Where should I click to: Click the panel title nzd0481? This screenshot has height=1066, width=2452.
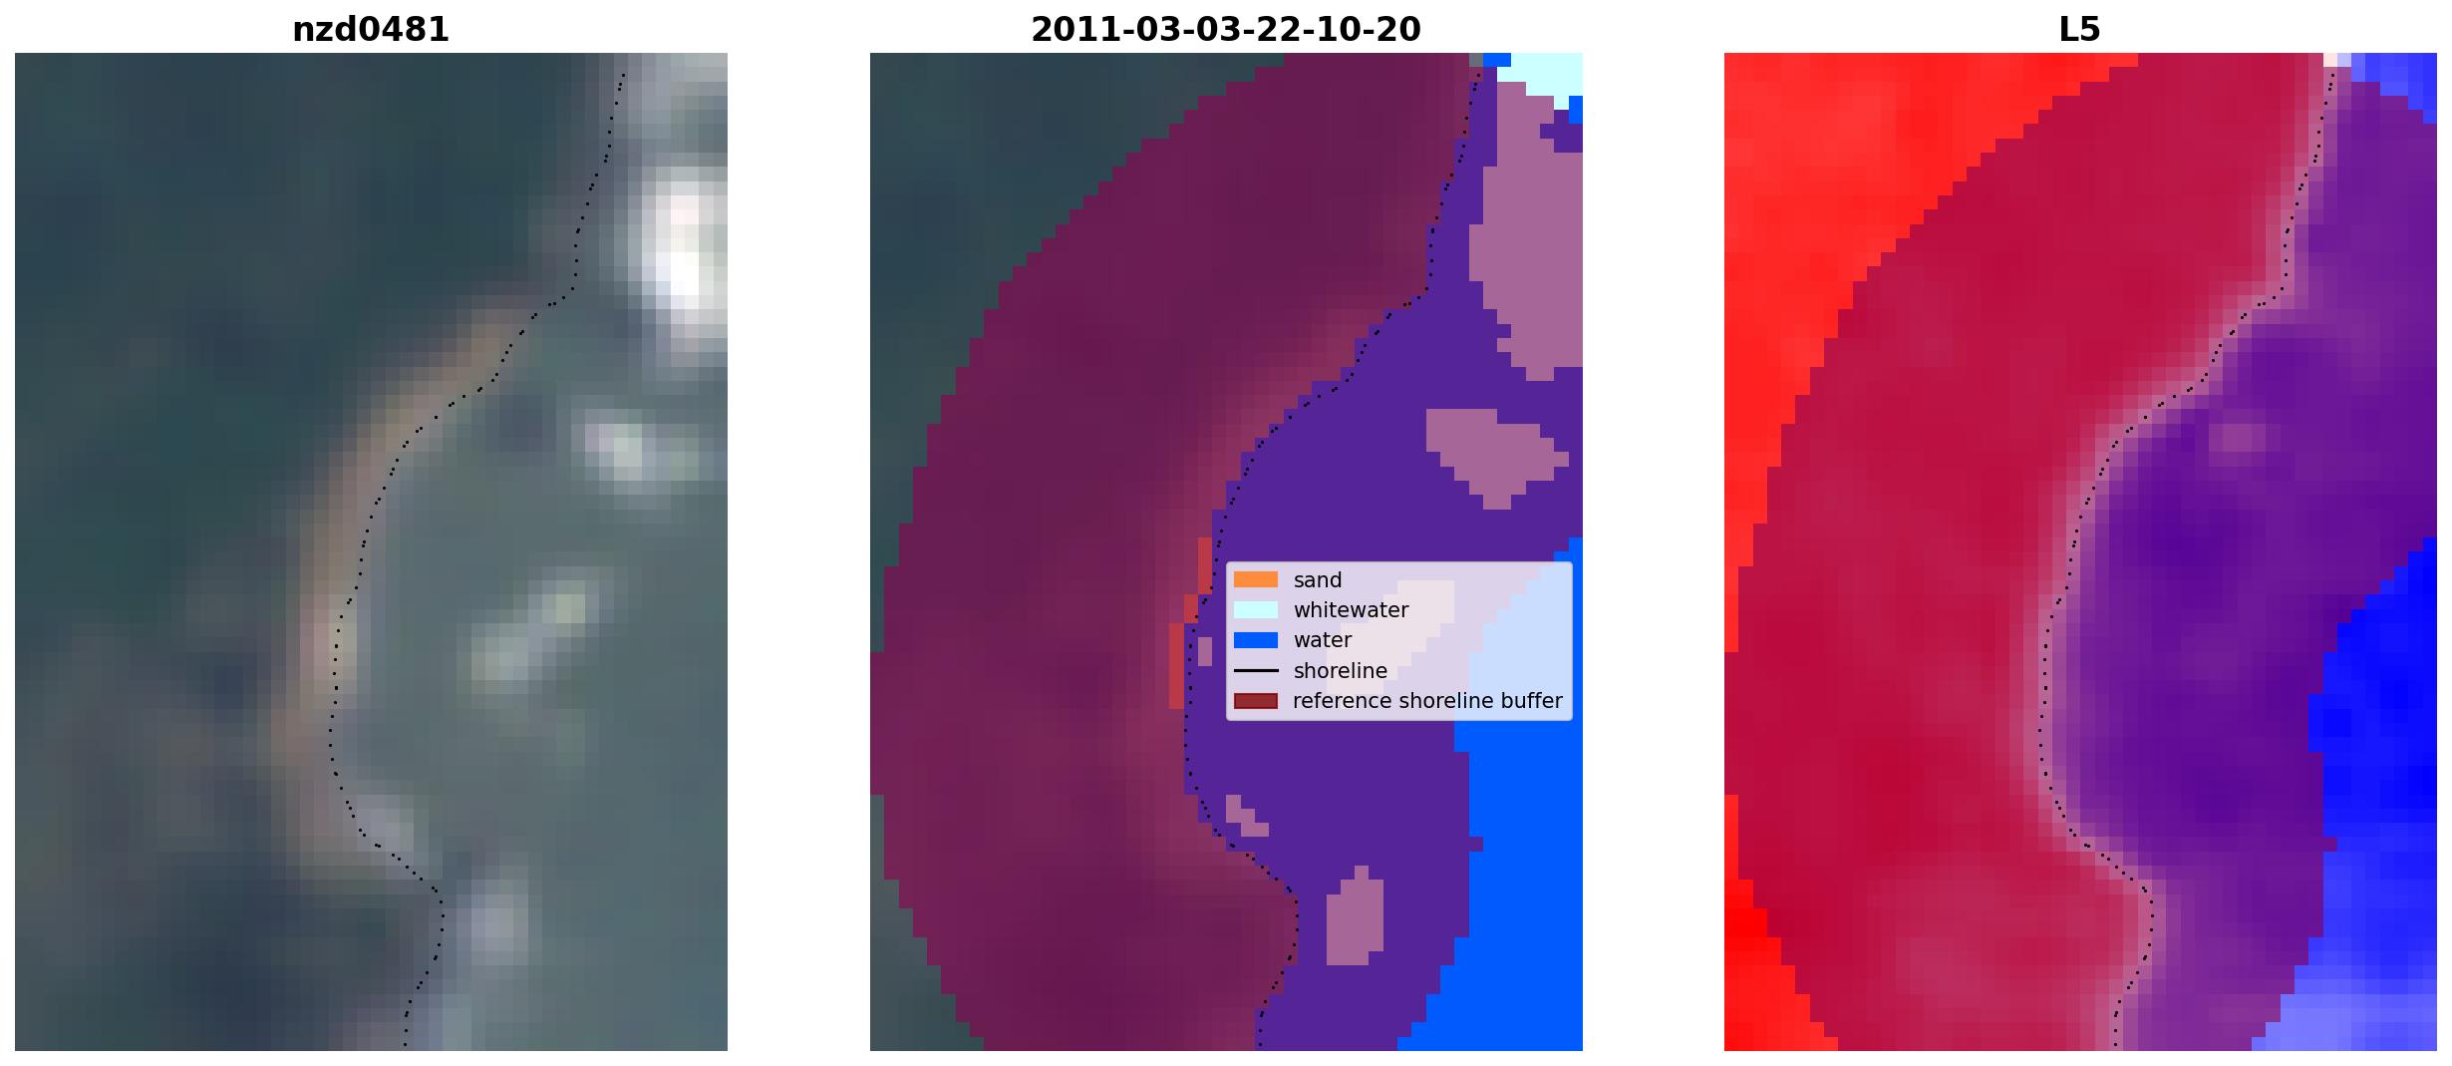coord(371,30)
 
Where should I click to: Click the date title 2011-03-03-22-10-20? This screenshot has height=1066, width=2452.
coord(1225,30)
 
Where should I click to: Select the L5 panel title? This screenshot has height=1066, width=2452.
coord(2079,30)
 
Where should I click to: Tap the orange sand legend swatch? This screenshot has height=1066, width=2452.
coord(1256,579)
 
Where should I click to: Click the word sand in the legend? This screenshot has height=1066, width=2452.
coord(1318,580)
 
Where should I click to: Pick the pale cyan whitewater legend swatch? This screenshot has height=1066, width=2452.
coord(1256,609)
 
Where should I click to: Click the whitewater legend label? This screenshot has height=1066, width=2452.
coord(1351,610)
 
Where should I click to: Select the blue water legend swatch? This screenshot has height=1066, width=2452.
coord(1256,640)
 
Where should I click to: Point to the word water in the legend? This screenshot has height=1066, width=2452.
coord(1323,640)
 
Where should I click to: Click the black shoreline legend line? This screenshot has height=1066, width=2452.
coord(1256,670)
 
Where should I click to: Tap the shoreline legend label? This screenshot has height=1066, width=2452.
coord(1341,671)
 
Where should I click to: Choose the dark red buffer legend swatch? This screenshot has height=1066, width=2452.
coord(1256,701)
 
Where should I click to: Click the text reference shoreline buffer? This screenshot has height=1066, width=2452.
coord(1427,701)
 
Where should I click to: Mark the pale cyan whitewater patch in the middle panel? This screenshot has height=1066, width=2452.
coord(1540,75)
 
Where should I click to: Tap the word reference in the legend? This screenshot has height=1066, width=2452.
coord(1342,701)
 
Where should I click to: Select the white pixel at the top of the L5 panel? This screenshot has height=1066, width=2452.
coord(2330,60)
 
